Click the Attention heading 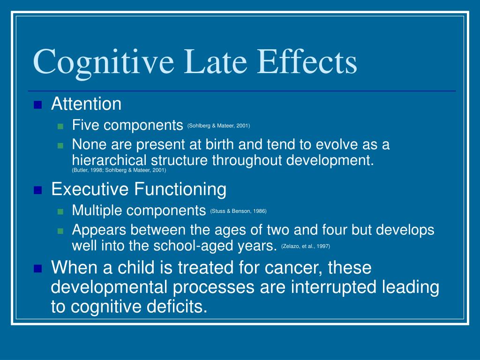tap(86, 104)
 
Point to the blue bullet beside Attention tap(38, 105)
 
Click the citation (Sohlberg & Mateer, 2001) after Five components tap(218, 126)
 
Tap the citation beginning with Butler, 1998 tap(119, 171)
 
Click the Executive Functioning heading tap(139, 190)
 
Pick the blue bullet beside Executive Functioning tap(38, 190)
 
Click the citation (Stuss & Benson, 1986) tap(238, 211)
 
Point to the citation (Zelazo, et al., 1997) tap(308, 246)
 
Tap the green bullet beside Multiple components tap(60, 211)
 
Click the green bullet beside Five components tap(60, 126)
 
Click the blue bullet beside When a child tap(38, 269)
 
